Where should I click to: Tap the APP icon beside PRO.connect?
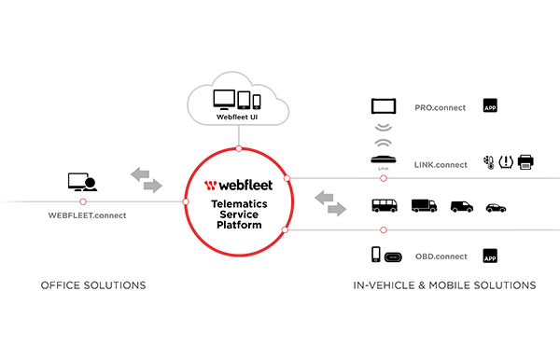489,106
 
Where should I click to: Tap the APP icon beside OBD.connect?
489,255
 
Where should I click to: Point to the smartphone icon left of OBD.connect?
376,254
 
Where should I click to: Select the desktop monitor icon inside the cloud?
225,100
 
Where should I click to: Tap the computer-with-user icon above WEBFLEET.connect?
83,181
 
